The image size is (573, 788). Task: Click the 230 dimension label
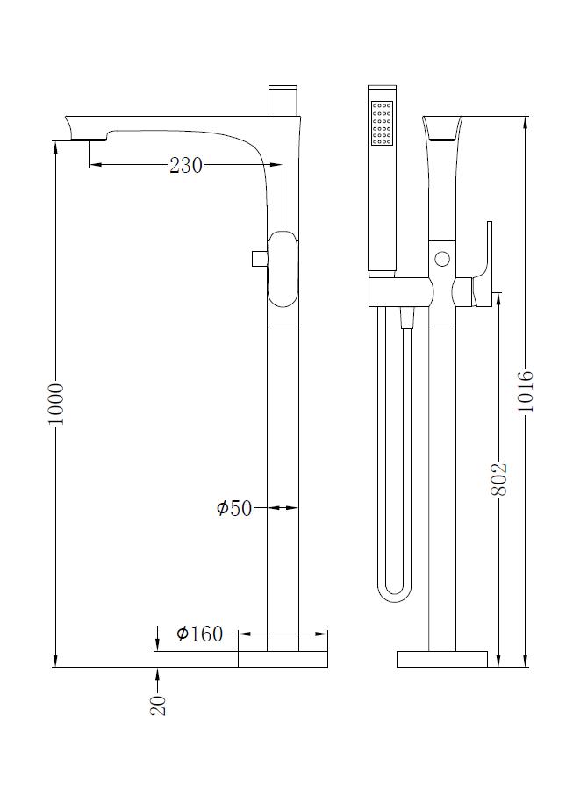coord(185,165)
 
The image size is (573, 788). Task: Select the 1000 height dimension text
coord(56,404)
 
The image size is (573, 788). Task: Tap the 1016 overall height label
coord(526,391)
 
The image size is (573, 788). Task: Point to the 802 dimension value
coord(498,479)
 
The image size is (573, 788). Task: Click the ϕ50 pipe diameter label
coord(233,508)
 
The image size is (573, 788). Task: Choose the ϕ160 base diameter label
coord(199,634)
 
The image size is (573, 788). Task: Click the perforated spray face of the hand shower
coord(382,124)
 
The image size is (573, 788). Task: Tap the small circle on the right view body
coord(442,260)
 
